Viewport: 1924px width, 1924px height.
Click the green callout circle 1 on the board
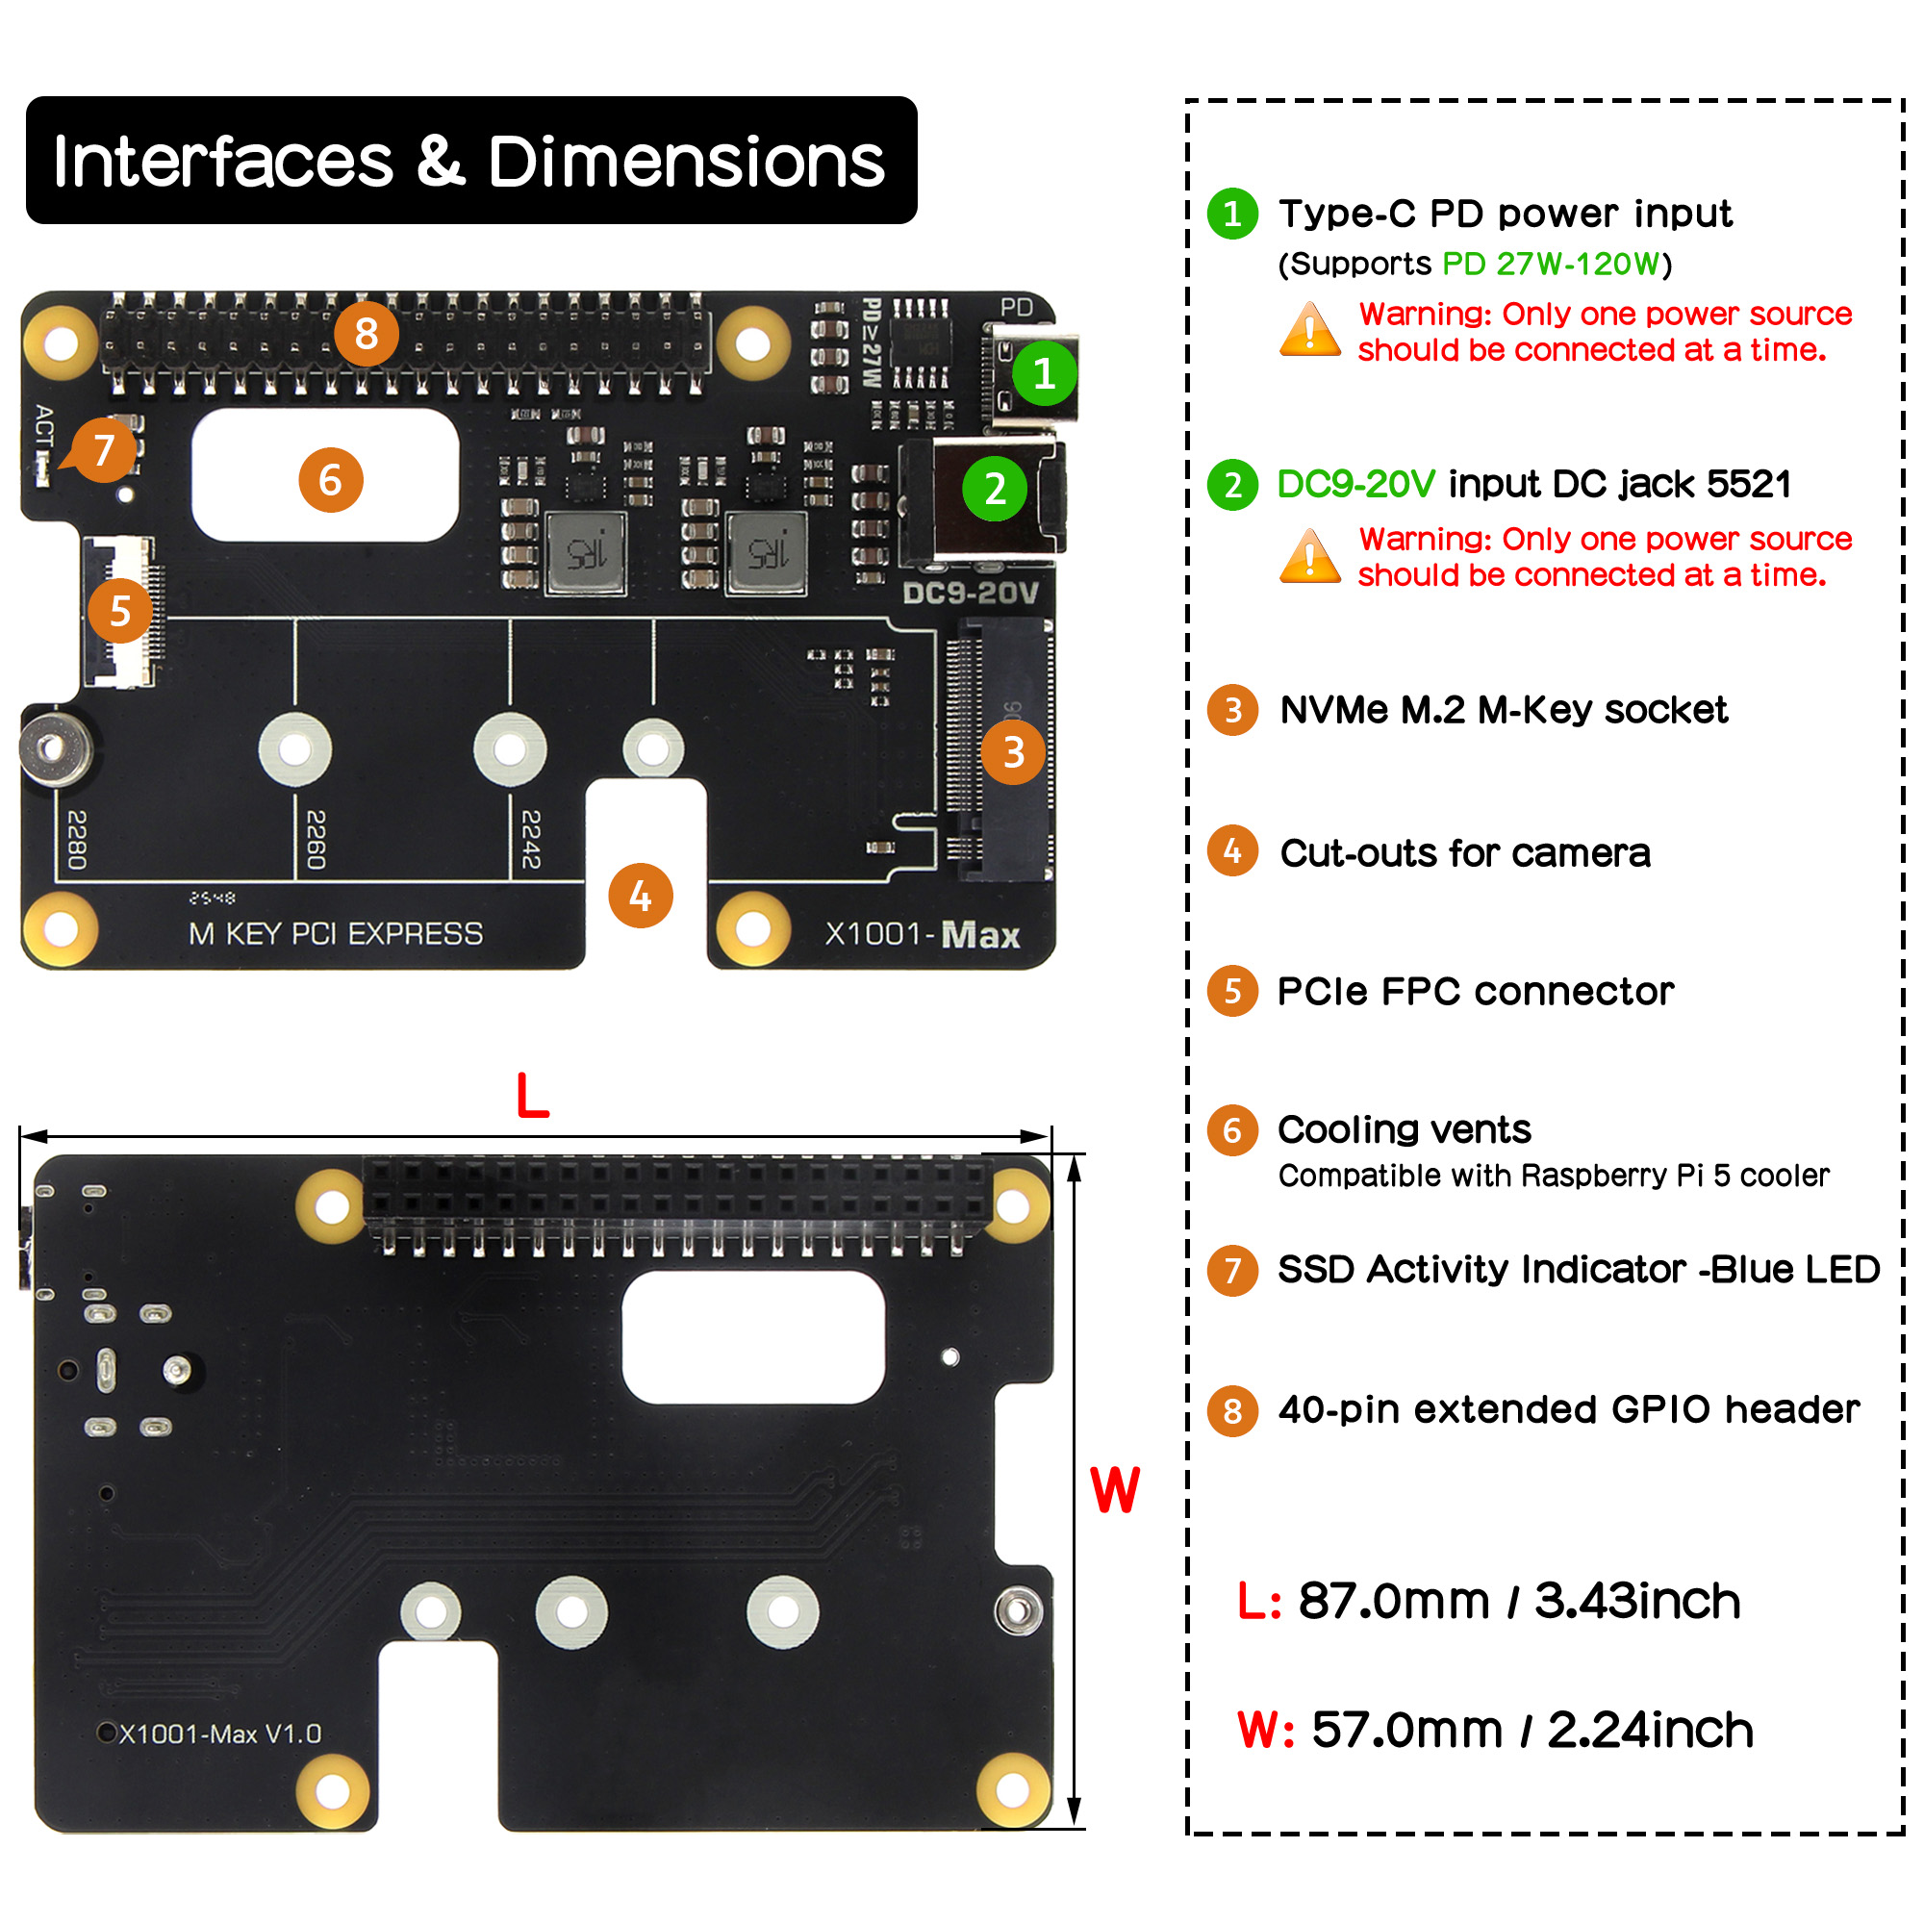(1044, 374)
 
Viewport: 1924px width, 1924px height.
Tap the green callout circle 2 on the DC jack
(995, 489)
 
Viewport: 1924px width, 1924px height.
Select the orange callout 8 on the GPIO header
(367, 334)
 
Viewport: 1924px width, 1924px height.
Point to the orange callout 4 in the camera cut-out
(641, 897)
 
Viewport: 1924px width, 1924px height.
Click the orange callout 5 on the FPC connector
(120, 611)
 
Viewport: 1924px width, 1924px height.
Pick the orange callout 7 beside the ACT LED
(105, 450)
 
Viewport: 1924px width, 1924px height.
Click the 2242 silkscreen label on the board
(531, 839)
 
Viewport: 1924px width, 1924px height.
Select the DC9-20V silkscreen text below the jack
(970, 594)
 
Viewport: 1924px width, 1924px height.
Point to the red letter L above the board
(533, 1097)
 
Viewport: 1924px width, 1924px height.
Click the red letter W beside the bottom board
(1114, 1491)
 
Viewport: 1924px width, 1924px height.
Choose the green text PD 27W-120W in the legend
(1552, 264)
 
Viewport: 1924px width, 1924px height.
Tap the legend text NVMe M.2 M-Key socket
(1503, 710)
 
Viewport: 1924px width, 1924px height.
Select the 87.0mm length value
(1393, 1602)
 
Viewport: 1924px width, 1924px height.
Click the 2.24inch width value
(1650, 1730)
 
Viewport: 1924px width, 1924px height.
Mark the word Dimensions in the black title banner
(686, 162)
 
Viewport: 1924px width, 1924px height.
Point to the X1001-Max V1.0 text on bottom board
(220, 1734)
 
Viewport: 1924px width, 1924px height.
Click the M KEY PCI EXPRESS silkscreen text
(336, 934)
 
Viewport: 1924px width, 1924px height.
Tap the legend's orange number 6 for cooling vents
(1232, 1130)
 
